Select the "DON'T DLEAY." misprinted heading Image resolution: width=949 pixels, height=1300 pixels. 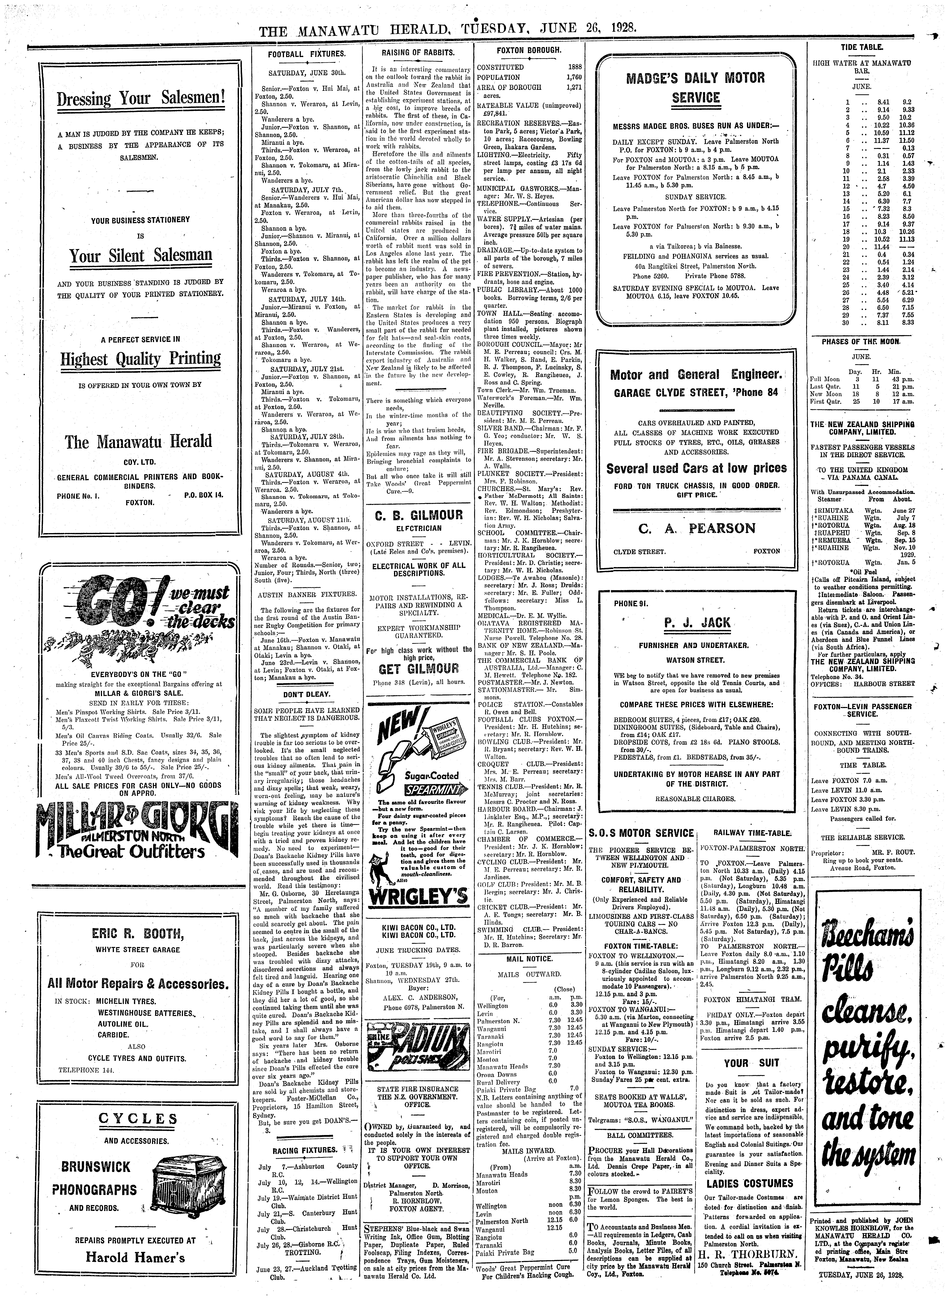click(306, 694)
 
